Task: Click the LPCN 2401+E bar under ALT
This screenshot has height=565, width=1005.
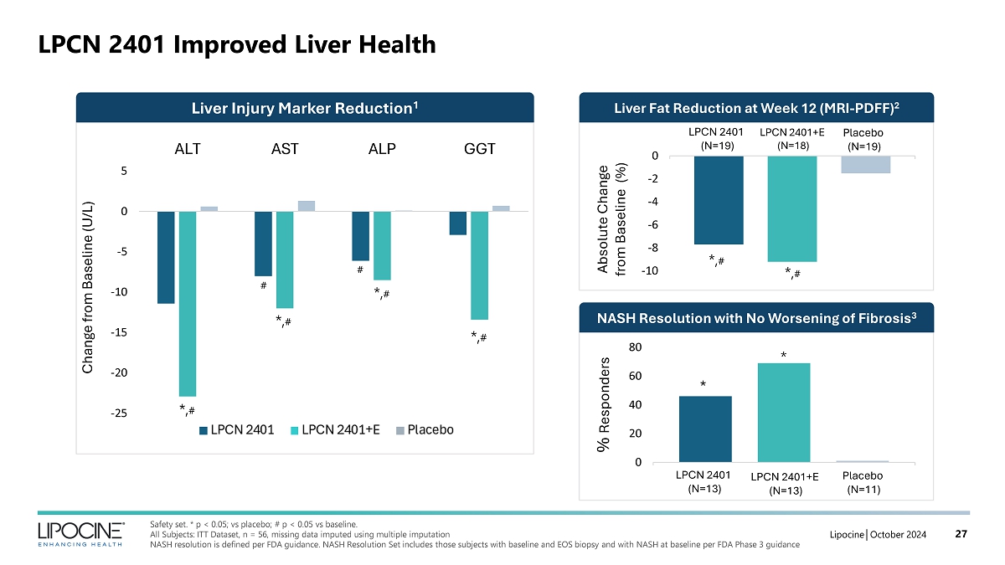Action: click(187, 303)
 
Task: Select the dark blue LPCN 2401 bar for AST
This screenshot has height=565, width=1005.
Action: click(263, 244)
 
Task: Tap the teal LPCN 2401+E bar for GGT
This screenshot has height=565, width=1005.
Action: click(479, 265)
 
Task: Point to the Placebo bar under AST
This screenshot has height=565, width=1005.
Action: click(307, 206)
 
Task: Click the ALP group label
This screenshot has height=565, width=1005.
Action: click(382, 150)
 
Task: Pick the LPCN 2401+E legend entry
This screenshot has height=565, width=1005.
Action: click(334, 430)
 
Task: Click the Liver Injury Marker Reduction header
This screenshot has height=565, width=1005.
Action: click(305, 107)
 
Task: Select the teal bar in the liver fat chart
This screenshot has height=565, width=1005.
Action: click(792, 208)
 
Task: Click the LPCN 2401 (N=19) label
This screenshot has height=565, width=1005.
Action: click(715, 139)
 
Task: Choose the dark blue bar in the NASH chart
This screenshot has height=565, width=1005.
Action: click(705, 429)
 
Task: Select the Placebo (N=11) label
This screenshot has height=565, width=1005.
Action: click(863, 482)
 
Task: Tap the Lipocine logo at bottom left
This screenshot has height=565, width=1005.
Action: click(81, 532)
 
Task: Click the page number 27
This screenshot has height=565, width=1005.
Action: click(962, 534)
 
